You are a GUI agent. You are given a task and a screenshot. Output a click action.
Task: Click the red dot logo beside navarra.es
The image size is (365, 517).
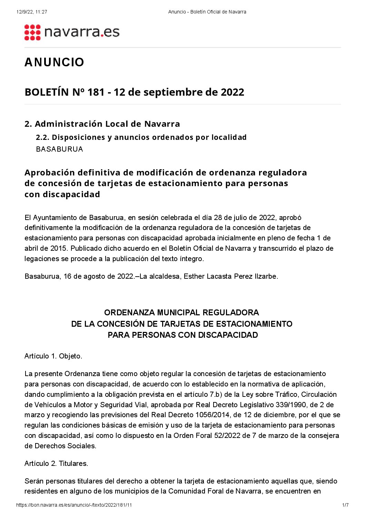pyautogui.click(x=32, y=32)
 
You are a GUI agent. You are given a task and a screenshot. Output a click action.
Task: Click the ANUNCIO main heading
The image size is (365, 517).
pyautogui.click(x=54, y=63)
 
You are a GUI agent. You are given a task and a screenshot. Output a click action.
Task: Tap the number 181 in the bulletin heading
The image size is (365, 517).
pyautogui.click(x=96, y=92)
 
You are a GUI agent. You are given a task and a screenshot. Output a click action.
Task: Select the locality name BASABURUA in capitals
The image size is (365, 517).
pyautogui.click(x=59, y=149)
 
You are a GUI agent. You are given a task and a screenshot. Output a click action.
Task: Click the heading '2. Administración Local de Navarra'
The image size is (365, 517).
pyautogui.click(x=102, y=124)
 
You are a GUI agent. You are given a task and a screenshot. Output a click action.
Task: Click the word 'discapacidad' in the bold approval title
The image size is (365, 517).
pyautogui.click(x=71, y=194)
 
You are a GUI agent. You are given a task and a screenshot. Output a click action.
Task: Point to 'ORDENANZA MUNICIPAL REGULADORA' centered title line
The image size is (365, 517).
pyautogui.click(x=181, y=313)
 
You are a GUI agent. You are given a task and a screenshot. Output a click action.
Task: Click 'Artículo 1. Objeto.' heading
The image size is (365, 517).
pyautogui.click(x=53, y=356)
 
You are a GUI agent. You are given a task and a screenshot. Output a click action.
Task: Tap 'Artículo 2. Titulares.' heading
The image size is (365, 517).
pyautogui.click(x=56, y=463)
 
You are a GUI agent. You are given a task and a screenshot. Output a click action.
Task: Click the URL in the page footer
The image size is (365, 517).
pyautogui.click(x=74, y=505)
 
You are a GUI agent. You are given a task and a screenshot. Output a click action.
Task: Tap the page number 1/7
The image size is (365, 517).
pyautogui.click(x=345, y=505)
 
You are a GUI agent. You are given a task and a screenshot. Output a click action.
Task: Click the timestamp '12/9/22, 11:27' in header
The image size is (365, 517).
pyautogui.click(x=32, y=12)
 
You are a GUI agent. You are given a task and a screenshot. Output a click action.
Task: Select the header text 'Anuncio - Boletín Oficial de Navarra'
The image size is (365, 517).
pyautogui.click(x=207, y=12)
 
